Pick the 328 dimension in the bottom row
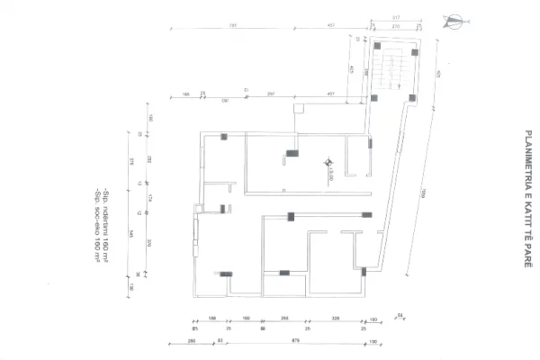point(335,319)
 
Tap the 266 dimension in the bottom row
point(284,319)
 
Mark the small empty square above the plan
point(300,109)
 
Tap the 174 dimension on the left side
point(149,199)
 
